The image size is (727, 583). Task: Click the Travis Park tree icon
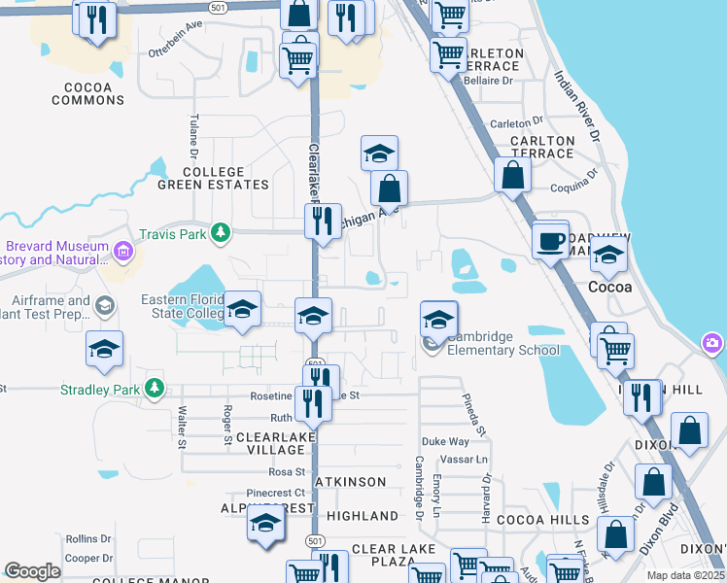click(223, 232)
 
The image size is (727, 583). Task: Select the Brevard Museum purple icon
click(123, 254)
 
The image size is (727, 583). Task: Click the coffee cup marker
click(551, 240)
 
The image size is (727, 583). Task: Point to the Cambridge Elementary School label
click(502, 344)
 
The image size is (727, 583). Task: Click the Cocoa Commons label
click(83, 93)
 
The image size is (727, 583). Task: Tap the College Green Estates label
click(213, 178)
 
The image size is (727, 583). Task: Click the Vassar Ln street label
click(467, 459)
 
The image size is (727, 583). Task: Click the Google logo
click(32, 571)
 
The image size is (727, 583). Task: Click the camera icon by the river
click(713, 343)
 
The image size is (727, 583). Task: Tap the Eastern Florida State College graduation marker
click(242, 310)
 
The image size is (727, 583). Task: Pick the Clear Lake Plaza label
click(394, 556)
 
